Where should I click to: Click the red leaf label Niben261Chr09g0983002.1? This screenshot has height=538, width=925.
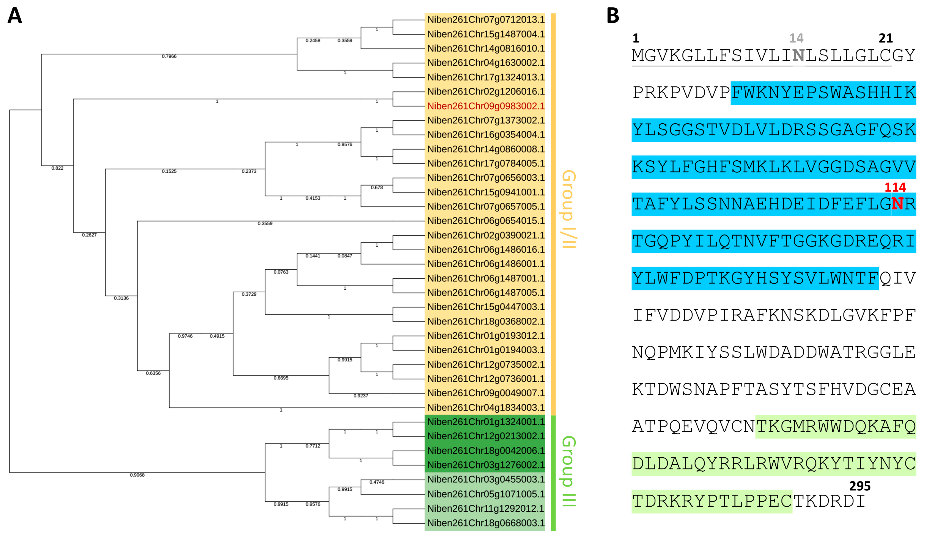(x=485, y=106)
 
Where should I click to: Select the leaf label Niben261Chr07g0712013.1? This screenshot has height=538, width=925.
(x=485, y=20)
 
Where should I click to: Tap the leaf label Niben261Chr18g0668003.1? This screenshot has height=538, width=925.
(x=485, y=523)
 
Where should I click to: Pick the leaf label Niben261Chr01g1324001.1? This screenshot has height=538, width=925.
(x=485, y=422)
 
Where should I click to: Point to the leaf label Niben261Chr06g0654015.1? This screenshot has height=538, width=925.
(x=485, y=221)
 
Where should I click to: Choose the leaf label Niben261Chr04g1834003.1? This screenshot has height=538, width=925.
(x=485, y=408)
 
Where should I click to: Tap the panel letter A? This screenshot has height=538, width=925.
(x=15, y=16)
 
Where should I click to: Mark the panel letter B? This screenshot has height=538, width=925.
(x=613, y=16)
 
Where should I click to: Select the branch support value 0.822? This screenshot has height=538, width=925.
(x=57, y=168)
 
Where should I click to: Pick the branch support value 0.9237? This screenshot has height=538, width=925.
(x=361, y=396)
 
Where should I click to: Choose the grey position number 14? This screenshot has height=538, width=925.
(x=796, y=38)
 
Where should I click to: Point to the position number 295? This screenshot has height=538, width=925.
(x=860, y=486)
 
